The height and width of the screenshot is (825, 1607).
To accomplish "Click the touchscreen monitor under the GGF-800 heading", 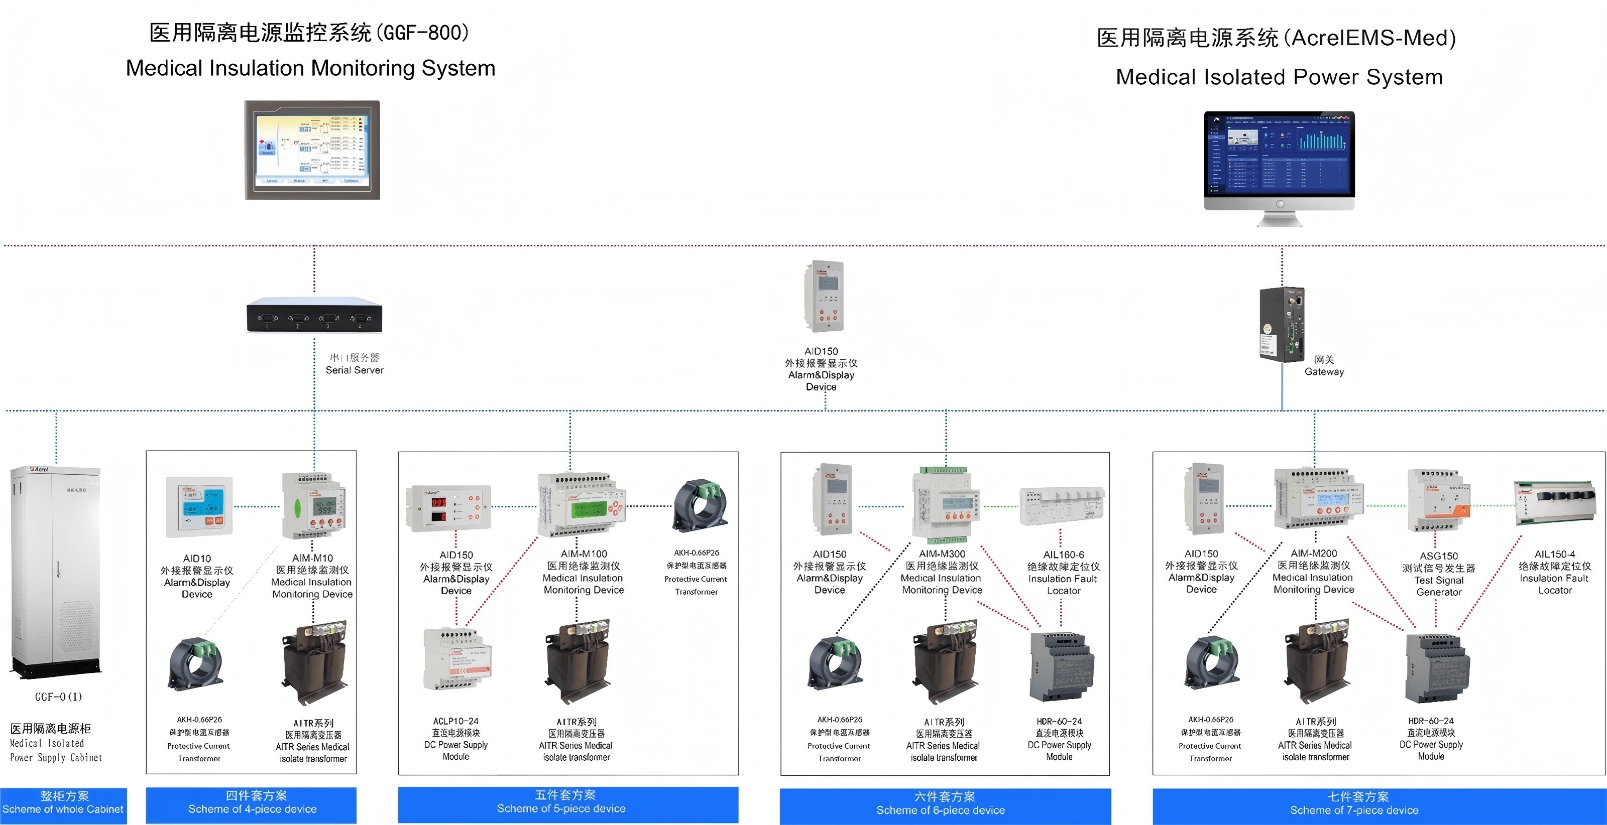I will click(x=312, y=150).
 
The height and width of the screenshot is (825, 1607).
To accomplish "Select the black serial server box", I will click(x=314, y=316).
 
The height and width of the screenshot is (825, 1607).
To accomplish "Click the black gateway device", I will click(x=1282, y=324).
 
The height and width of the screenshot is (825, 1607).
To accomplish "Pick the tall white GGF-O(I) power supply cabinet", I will click(x=56, y=571).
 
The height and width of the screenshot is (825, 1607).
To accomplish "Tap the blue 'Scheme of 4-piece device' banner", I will click(x=252, y=804).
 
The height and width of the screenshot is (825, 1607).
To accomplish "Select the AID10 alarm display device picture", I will click(x=199, y=506).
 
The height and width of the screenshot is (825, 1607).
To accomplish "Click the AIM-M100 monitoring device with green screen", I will click(x=582, y=505).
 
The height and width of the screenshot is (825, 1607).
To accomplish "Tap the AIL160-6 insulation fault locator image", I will click(x=1061, y=506).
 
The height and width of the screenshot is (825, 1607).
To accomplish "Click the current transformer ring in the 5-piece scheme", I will click(x=700, y=505).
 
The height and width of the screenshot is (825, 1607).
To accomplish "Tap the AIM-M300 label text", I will click(x=942, y=554).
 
